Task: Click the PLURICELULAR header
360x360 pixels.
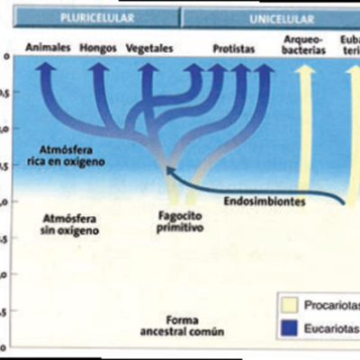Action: [96, 18]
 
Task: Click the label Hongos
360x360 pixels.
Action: [97, 48]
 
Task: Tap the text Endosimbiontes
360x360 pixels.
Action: [267, 202]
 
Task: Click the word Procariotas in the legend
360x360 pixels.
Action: [331, 303]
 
